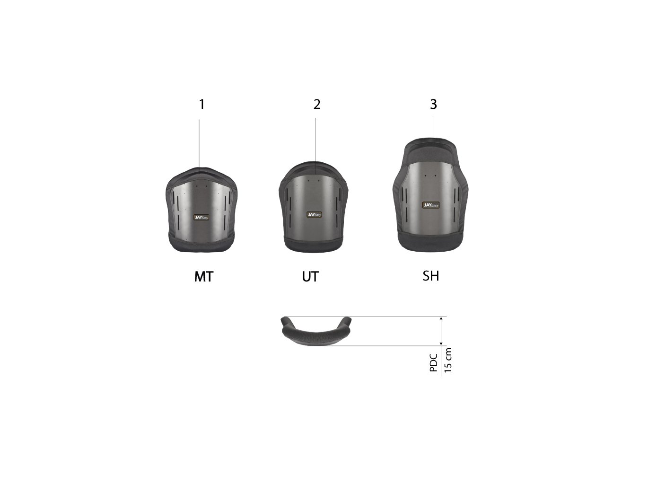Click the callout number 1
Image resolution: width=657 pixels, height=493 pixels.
(202, 104)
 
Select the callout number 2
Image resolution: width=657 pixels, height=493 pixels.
(317, 104)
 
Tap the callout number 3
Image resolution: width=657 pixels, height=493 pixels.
(433, 104)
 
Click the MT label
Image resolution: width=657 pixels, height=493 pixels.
(203, 277)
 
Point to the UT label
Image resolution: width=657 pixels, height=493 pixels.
(310, 277)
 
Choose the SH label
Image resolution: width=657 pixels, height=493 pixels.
(431, 276)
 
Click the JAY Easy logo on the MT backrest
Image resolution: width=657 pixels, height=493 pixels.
(201, 217)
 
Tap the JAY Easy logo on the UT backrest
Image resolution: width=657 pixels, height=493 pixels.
(315, 214)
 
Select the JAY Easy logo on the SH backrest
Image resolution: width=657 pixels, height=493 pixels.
(431, 205)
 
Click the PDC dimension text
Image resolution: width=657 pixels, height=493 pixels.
(434, 363)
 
